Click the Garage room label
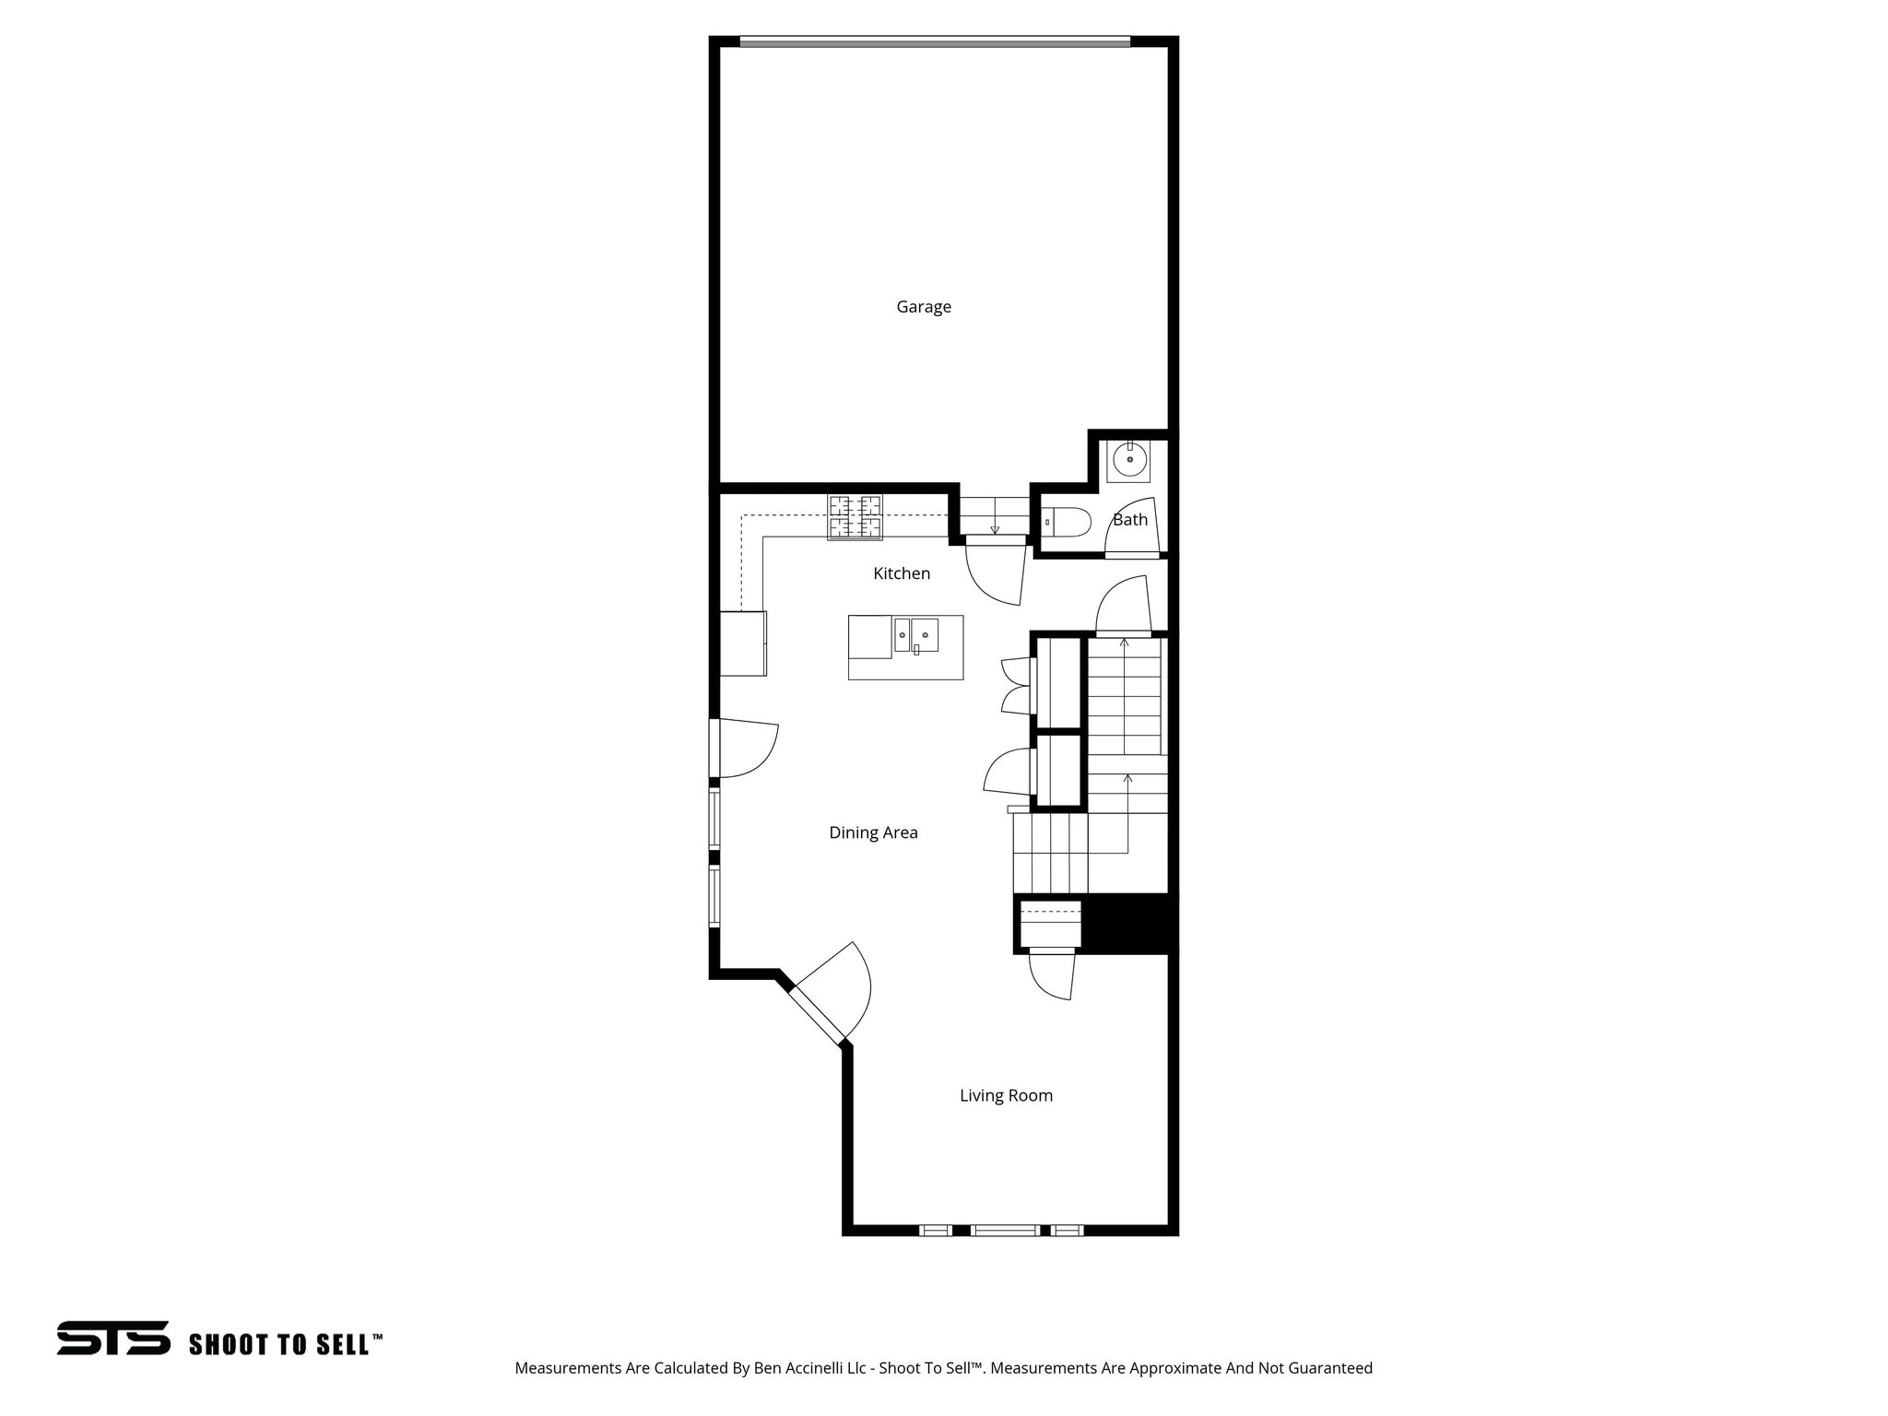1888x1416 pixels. (924, 307)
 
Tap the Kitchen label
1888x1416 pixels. (902, 573)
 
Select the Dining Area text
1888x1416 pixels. (873, 832)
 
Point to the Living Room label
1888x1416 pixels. (1006, 1095)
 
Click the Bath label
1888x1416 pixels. (1130, 520)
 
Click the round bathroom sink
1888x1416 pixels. (1129, 459)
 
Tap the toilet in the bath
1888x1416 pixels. (1068, 523)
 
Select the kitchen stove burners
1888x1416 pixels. (855, 517)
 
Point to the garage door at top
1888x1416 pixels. (935, 41)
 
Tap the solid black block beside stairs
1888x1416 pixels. (1128, 923)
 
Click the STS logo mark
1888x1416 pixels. (113, 1338)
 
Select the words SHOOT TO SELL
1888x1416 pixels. (280, 1344)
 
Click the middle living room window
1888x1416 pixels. (1005, 1230)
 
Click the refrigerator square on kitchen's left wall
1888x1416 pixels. (743, 643)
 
